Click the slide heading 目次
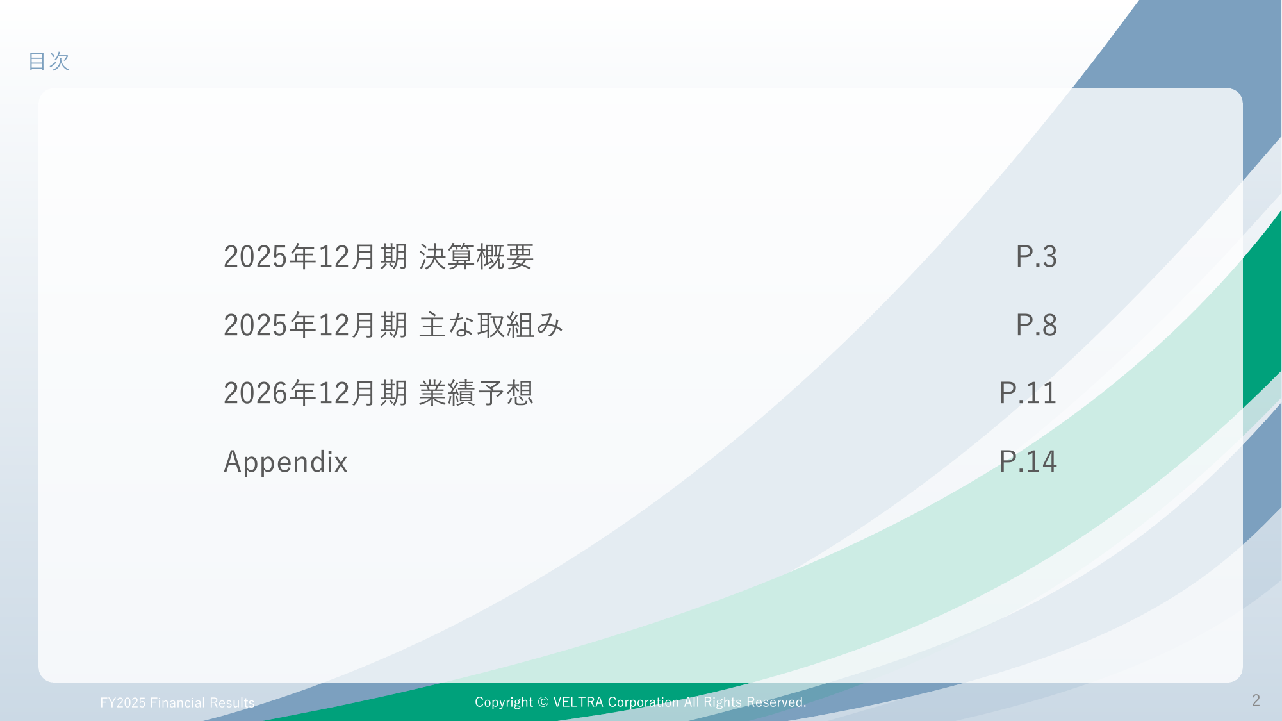(49, 62)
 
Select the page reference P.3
(1036, 257)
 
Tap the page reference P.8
(1036, 326)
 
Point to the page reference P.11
(1028, 394)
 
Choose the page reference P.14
(1028, 462)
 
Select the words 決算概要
(476, 257)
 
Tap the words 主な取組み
(491, 326)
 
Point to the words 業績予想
(476, 394)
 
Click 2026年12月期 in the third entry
(315, 394)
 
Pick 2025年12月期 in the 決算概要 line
(315, 257)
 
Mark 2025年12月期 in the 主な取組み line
(315, 326)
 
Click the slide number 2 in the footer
(1256, 700)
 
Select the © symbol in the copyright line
(543, 702)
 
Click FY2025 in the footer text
(123, 703)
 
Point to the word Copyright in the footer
(504, 703)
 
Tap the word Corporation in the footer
(643, 703)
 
